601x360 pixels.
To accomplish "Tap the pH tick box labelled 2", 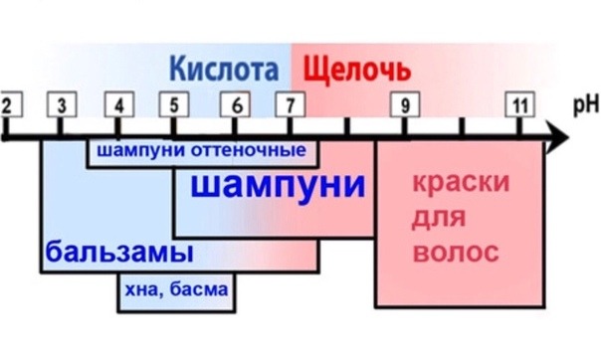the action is pos(7,104).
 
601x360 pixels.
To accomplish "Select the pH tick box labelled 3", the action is pos(62,104).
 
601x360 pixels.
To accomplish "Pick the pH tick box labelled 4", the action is pos(119,104).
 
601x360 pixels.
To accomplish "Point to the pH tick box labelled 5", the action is pos(175,104).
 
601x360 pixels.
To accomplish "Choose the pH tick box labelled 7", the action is pos(290,104).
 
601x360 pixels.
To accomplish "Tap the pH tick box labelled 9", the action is pos(404,104).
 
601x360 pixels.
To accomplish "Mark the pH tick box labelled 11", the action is pos(518,104).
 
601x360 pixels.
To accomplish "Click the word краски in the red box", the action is pos(460,185).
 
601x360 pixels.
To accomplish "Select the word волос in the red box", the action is pos(456,253).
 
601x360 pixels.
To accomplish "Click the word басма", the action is pos(201,289).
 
